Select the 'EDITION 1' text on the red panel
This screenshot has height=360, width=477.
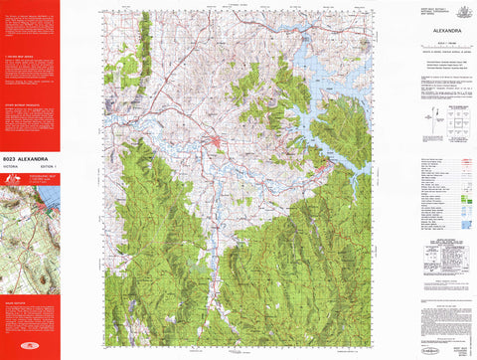tap(48, 164)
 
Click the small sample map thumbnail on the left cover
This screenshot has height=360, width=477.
tap(30, 229)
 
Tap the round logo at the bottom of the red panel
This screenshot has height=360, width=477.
tap(30, 348)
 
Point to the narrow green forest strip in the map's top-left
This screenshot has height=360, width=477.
tap(144, 40)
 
